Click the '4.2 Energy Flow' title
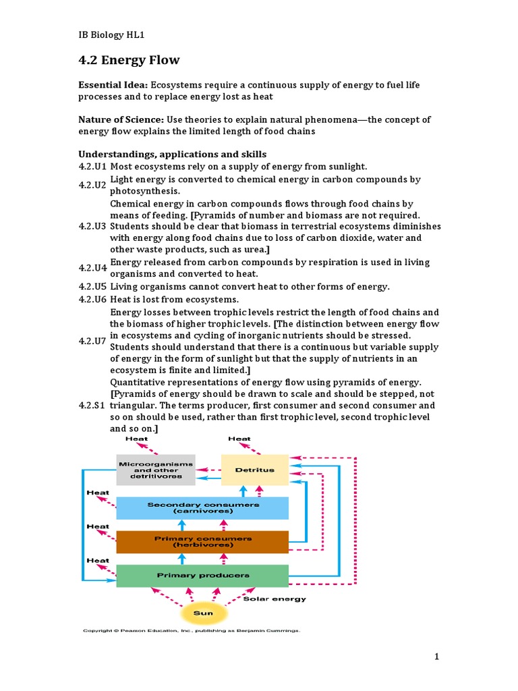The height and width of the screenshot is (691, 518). click(x=129, y=61)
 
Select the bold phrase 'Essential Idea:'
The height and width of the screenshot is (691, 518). click(x=113, y=84)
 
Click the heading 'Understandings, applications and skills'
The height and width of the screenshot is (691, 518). click(x=173, y=155)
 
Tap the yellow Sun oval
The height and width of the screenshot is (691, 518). click(x=203, y=613)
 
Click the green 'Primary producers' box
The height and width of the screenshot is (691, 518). click(x=202, y=576)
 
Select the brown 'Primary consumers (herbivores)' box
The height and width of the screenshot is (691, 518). click(x=202, y=542)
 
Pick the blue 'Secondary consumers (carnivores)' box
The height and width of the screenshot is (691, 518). click(x=202, y=507)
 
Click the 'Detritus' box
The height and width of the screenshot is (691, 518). click(x=254, y=470)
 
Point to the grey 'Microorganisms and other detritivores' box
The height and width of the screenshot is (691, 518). click(x=156, y=470)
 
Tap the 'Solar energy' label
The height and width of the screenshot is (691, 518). click(x=274, y=599)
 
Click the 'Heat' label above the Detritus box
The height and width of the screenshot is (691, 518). click(x=239, y=439)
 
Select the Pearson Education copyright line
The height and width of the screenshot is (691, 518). click(x=191, y=631)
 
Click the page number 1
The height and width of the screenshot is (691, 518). click(x=437, y=657)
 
